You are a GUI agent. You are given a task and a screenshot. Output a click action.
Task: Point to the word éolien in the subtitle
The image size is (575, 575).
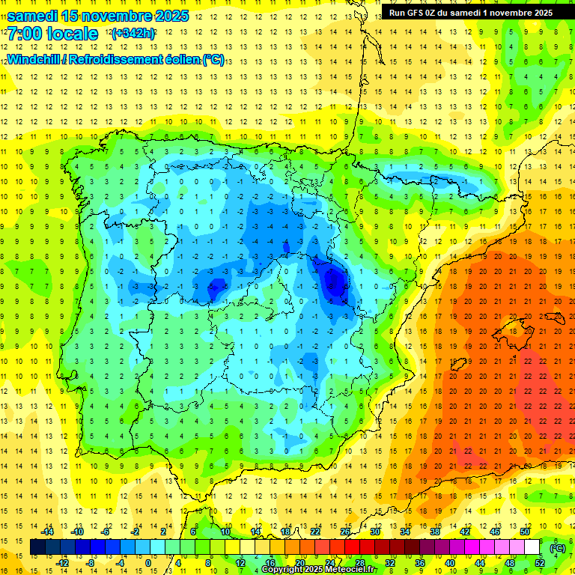(x=177, y=60)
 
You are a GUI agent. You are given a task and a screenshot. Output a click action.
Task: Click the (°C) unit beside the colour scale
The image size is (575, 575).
(x=557, y=548)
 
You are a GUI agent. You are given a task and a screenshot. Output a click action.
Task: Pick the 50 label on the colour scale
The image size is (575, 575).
(x=524, y=532)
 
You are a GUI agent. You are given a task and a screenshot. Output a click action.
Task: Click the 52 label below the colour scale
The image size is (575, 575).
(x=539, y=563)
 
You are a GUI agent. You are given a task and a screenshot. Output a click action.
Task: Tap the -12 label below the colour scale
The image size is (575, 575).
(x=63, y=563)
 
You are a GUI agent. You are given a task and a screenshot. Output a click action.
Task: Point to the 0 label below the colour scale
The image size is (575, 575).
(x=148, y=563)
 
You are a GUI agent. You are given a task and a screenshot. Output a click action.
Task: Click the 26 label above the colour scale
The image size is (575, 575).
(x=345, y=532)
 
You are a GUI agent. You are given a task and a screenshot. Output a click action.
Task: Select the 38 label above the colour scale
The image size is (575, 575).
(x=434, y=532)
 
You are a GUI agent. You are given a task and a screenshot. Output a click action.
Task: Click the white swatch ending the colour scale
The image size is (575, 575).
(x=532, y=547)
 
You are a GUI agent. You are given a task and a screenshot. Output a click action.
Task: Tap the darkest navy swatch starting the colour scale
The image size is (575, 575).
(x=37, y=547)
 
